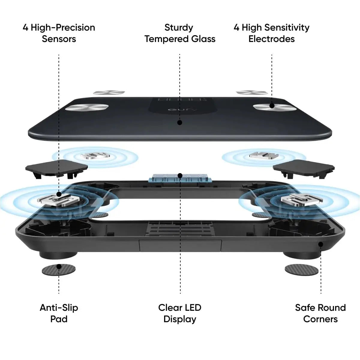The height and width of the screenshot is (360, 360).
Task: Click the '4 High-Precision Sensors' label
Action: click(59, 33)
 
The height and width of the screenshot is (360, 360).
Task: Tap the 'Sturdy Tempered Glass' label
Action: click(180, 33)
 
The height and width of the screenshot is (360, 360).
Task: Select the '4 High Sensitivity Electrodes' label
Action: click(271, 33)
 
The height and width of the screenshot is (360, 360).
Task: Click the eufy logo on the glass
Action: click(182, 109)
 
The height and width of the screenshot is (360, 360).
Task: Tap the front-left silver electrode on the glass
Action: click(87, 107)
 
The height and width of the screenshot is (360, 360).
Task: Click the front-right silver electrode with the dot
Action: click(275, 108)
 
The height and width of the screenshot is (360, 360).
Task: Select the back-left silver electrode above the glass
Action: click(109, 92)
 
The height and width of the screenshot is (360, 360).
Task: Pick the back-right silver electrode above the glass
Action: click(252, 92)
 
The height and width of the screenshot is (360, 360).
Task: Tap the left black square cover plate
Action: click(56, 169)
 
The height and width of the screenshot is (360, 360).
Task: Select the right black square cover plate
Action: click(304, 169)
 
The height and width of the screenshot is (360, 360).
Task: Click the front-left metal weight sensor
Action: click(58, 199)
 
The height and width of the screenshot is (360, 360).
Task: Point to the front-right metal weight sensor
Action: click(302, 199)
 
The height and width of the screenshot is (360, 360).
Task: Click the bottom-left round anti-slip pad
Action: click(59, 270)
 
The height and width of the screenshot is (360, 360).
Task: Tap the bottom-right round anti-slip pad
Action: click(301, 270)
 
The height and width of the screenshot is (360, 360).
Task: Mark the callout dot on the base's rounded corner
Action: click(321, 244)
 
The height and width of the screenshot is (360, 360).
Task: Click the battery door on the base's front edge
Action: click(180, 246)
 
